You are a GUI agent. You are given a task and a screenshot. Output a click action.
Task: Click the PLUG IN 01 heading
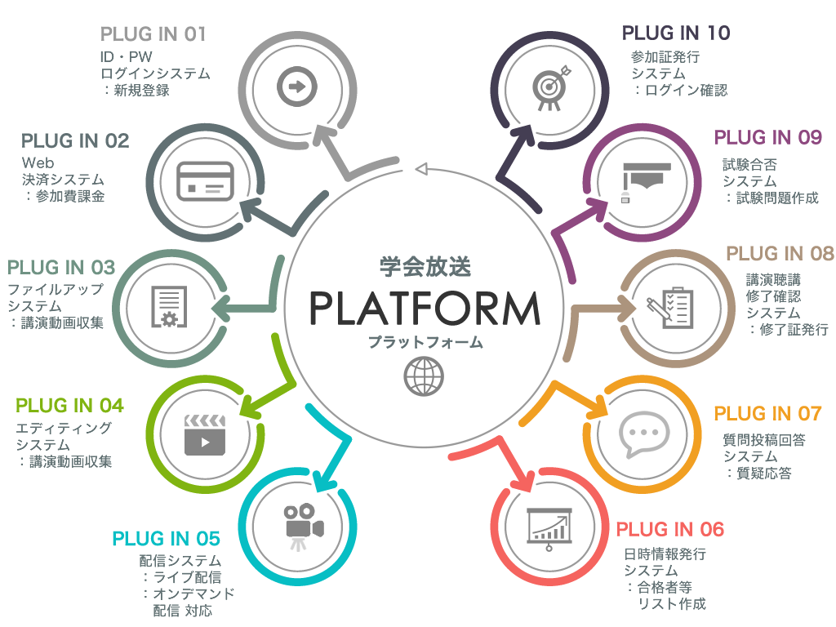coord(153,34)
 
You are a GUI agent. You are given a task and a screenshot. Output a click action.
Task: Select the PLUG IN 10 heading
coord(676,33)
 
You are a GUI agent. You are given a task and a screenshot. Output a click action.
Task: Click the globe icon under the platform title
coord(425,376)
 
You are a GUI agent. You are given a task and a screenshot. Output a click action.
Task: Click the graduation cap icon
coord(645,181)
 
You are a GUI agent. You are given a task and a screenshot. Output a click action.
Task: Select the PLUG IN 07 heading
coord(767,414)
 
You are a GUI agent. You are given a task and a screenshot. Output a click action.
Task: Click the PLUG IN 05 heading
coord(167,539)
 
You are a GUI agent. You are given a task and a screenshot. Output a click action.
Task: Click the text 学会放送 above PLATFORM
coord(425,267)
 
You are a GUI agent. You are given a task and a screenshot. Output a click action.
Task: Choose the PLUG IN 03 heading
coord(61,268)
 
